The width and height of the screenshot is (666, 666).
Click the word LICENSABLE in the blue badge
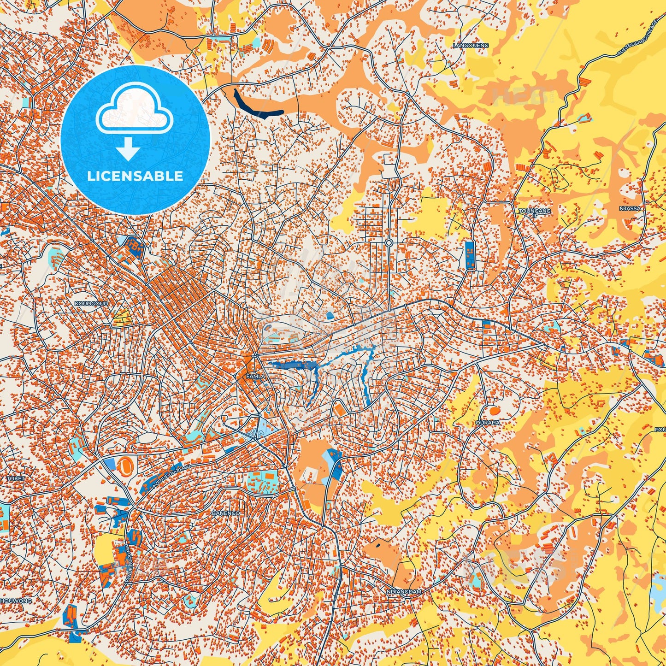(135, 176)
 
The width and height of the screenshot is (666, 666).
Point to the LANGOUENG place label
(470, 46)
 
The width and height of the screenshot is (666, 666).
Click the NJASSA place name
(630, 208)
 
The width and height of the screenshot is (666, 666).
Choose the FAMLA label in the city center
(256, 377)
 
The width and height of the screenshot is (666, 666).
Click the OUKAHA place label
(488, 422)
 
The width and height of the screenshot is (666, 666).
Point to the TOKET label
(15, 479)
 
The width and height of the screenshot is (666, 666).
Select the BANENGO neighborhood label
(225, 513)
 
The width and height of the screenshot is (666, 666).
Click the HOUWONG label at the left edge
(16, 601)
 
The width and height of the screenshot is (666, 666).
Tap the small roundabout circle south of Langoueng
(389, 242)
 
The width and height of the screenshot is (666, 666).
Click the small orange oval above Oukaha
(494, 410)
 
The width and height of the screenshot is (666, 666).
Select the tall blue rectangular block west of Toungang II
(470, 255)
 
